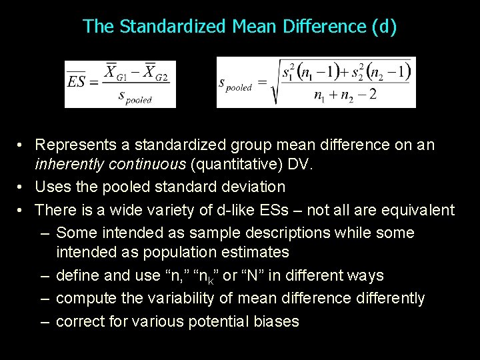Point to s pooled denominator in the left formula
point(135,97)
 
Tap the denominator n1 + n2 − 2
point(345,95)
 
